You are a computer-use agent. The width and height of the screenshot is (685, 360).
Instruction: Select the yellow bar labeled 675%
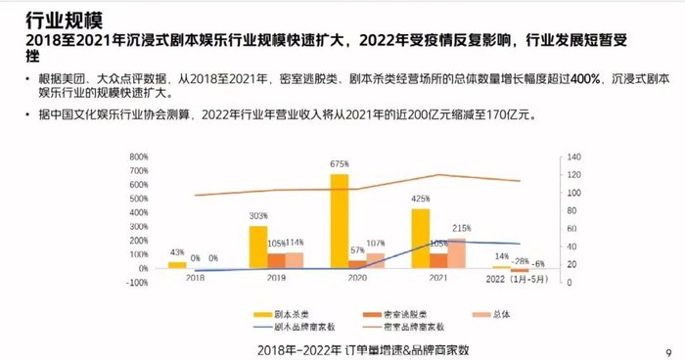point(339,220)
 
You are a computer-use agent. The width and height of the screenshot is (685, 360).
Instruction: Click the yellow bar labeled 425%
point(420,238)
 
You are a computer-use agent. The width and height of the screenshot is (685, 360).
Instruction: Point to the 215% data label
point(461,228)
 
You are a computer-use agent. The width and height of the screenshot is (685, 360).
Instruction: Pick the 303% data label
point(258,216)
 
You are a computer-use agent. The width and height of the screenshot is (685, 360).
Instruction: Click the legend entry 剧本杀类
point(285,315)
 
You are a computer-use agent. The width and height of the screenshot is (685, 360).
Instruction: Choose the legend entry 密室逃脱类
point(378,315)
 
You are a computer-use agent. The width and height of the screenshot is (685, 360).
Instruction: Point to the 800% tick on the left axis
point(136,156)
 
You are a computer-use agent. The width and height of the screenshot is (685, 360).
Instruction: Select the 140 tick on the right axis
point(573,156)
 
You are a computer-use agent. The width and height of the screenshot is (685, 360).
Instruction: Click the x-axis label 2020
point(347,278)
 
